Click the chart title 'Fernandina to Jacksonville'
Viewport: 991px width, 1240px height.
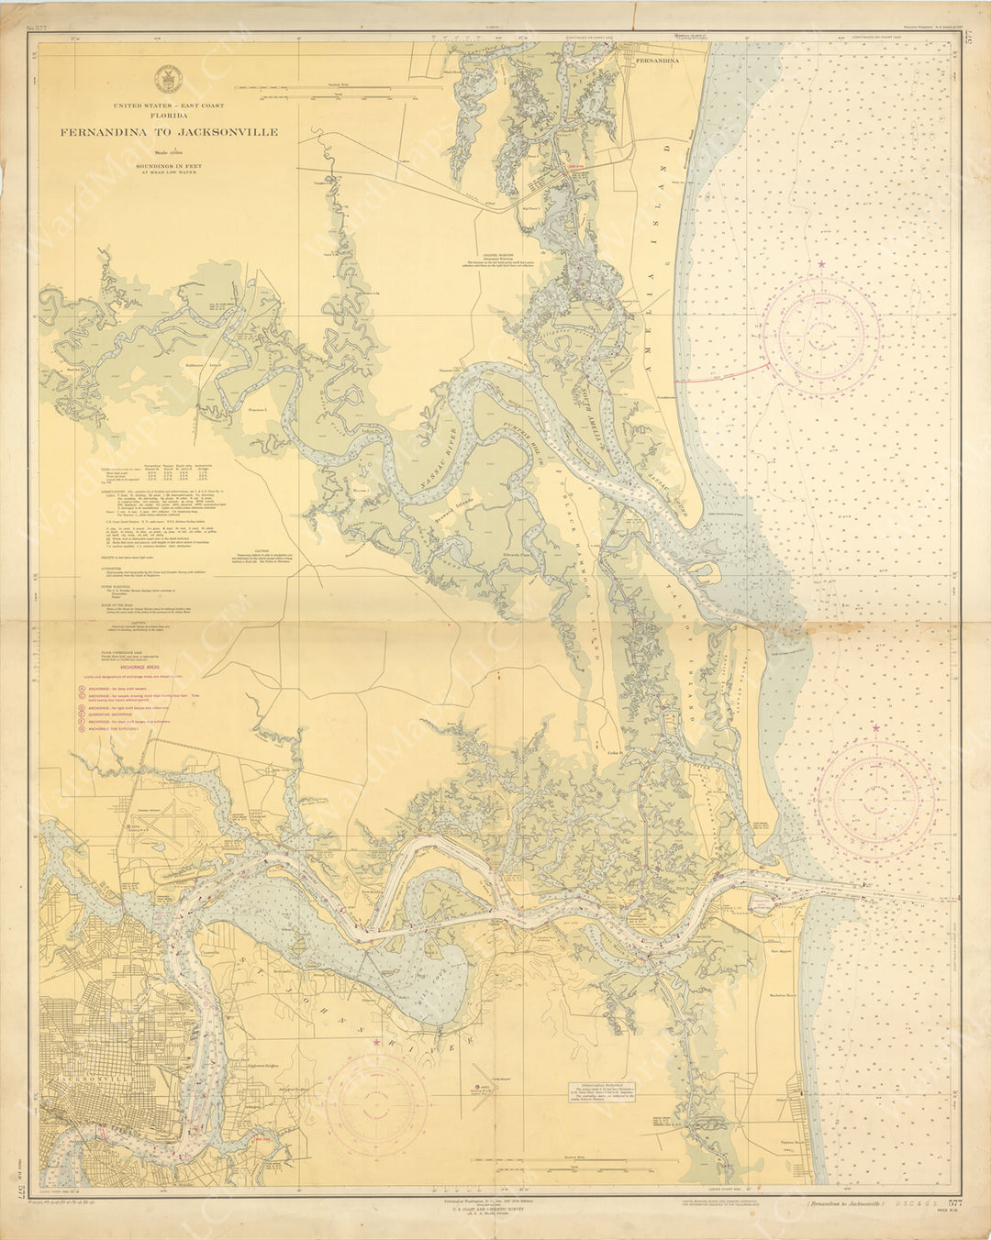169,132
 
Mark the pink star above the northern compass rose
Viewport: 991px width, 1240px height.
822,265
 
